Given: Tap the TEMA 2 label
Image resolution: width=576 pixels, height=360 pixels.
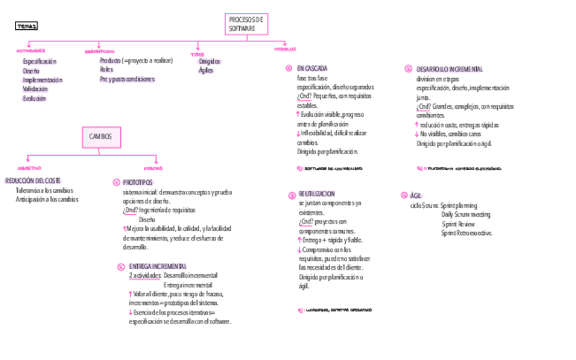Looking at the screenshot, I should point(26,26).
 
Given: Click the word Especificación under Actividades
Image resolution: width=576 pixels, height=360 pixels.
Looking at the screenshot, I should point(39,62).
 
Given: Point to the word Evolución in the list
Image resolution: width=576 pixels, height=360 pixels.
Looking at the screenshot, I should point(34,98).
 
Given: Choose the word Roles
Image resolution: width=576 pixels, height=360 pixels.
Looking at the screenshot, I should point(106,69).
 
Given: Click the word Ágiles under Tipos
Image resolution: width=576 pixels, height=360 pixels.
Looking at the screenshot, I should point(206,71).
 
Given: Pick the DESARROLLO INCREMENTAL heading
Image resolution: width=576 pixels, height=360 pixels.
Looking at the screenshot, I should point(450,69).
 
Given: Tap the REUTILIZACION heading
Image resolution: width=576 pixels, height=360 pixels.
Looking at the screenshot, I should point(317,194).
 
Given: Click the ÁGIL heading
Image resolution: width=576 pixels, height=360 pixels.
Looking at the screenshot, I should point(416,195).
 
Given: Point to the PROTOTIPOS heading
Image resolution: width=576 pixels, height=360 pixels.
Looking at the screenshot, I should point(138,183).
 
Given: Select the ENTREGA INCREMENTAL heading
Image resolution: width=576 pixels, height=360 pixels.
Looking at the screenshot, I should point(158,266).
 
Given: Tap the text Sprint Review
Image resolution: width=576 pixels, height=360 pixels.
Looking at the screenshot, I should point(458,224).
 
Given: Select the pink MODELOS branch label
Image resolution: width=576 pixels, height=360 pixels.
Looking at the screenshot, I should point(285,50).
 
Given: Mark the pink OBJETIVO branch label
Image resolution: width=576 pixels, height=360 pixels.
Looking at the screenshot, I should point(29,168).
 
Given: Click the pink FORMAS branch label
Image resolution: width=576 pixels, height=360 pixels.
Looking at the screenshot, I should point(153,168).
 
